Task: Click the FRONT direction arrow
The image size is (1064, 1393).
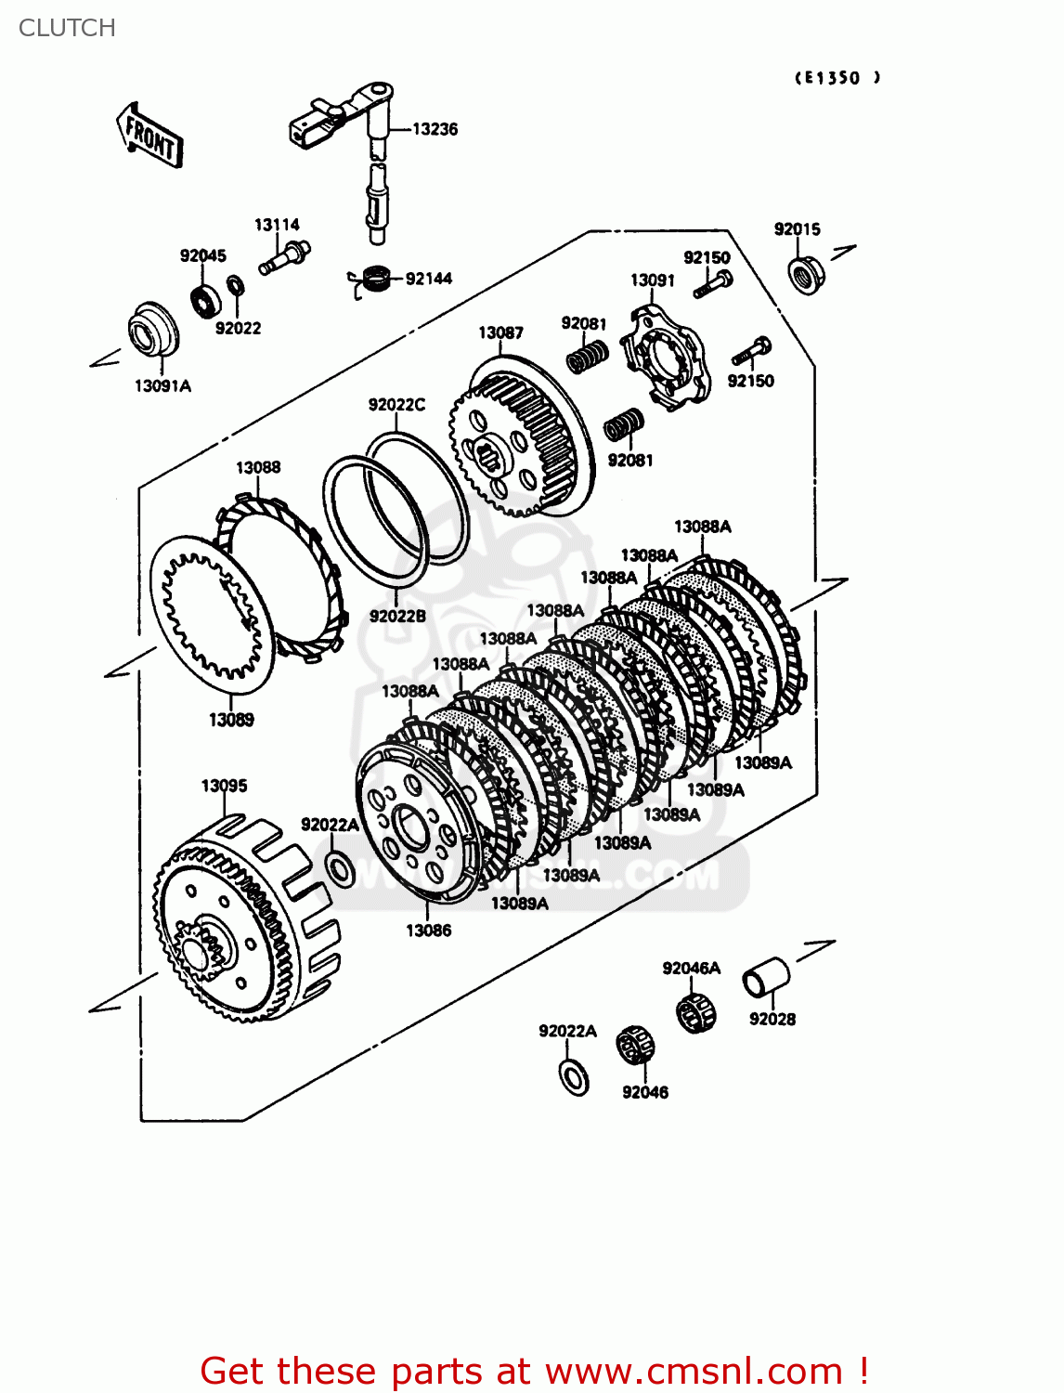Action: pyautogui.click(x=149, y=136)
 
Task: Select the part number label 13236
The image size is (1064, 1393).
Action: pyautogui.click(x=435, y=129)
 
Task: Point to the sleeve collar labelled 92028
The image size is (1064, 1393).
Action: pyautogui.click(x=766, y=979)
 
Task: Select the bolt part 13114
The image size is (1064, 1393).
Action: pyautogui.click(x=283, y=257)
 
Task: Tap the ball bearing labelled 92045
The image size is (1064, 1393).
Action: pyautogui.click(x=205, y=299)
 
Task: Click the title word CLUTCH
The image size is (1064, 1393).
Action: pyautogui.click(x=67, y=28)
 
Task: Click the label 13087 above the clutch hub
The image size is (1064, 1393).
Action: pyautogui.click(x=500, y=332)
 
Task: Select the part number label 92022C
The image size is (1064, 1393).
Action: pyautogui.click(x=396, y=405)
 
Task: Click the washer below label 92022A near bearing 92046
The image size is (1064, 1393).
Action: pyautogui.click(x=575, y=1075)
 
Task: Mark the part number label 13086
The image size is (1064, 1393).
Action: pyautogui.click(x=428, y=931)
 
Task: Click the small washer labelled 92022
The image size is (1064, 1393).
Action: pyautogui.click(x=236, y=284)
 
